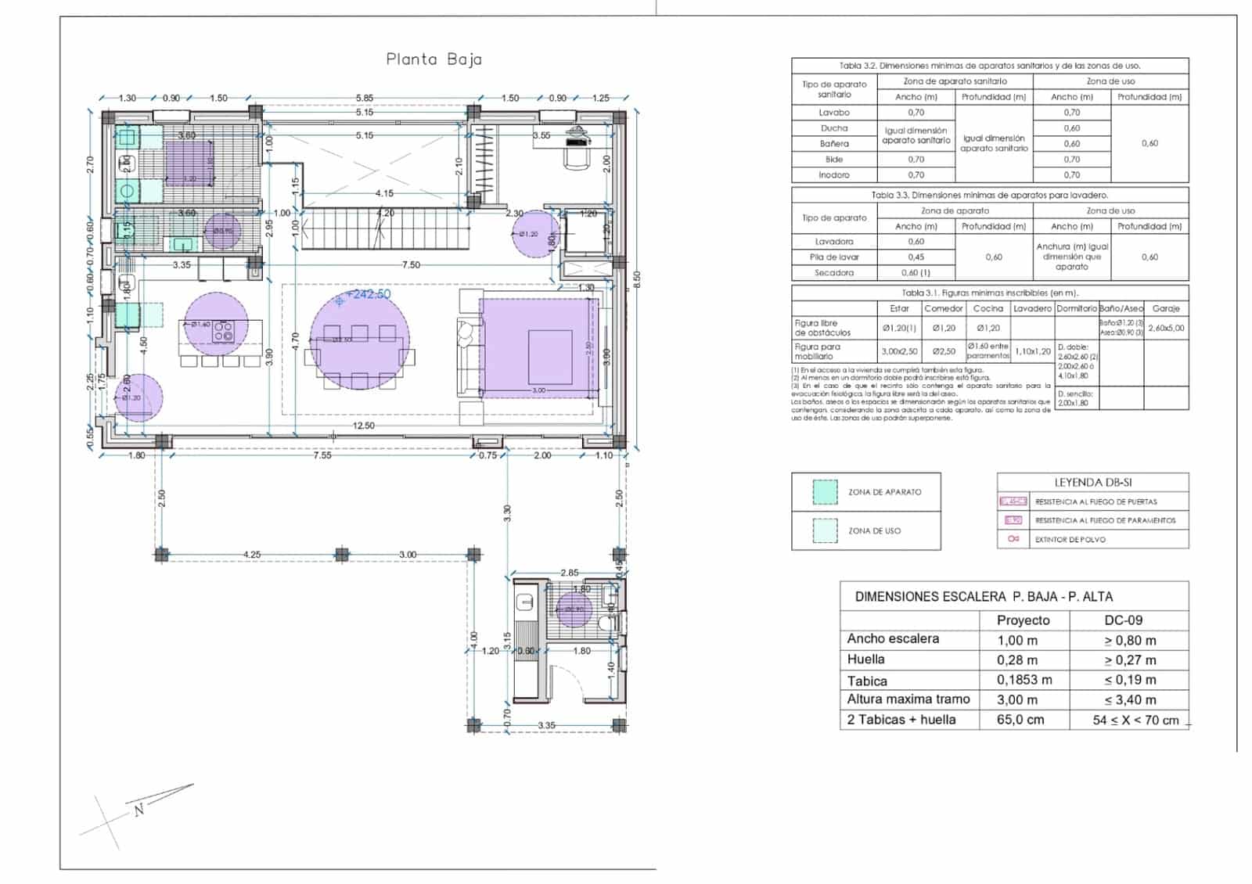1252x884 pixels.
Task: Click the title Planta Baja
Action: pyautogui.click(x=434, y=59)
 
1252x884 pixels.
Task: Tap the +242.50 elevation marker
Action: pyautogui.click(x=368, y=295)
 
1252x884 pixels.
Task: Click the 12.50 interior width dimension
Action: pyautogui.click(x=364, y=426)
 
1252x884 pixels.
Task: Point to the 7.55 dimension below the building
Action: pyautogui.click(x=322, y=455)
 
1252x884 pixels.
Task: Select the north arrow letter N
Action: pyautogui.click(x=139, y=810)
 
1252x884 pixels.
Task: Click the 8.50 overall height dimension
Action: pyautogui.click(x=636, y=278)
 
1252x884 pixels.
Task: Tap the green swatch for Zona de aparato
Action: pyautogui.click(x=825, y=492)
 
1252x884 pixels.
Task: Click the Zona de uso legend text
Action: pyautogui.click(x=874, y=531)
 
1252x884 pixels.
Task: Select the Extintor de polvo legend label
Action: pyautogui.click(x=1070, y=539)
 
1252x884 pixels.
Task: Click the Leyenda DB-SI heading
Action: pyautogui.click(x=1092, y=483)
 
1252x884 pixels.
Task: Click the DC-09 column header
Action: pyautogui.click(x=1123, y=620)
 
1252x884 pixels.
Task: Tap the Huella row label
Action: pyautogui.click(x=865, y=659)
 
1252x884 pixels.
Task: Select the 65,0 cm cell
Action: pyautogui.click(x=1020, y=720)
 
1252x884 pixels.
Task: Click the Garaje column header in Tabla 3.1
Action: pyautogui.click(x=1165, y=308)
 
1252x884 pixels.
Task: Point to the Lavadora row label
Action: pyautogui.click(x=833, y=242)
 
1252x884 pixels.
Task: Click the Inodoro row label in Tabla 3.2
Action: pyautogui.click(x=833, y=175)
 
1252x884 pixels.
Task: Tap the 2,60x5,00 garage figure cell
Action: pyautogui.click(x=1166, y=329)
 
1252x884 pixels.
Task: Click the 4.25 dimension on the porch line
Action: pyautogui.click(x=251, y=555)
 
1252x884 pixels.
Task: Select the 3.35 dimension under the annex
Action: pyautogui.click(x=546, y=725)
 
